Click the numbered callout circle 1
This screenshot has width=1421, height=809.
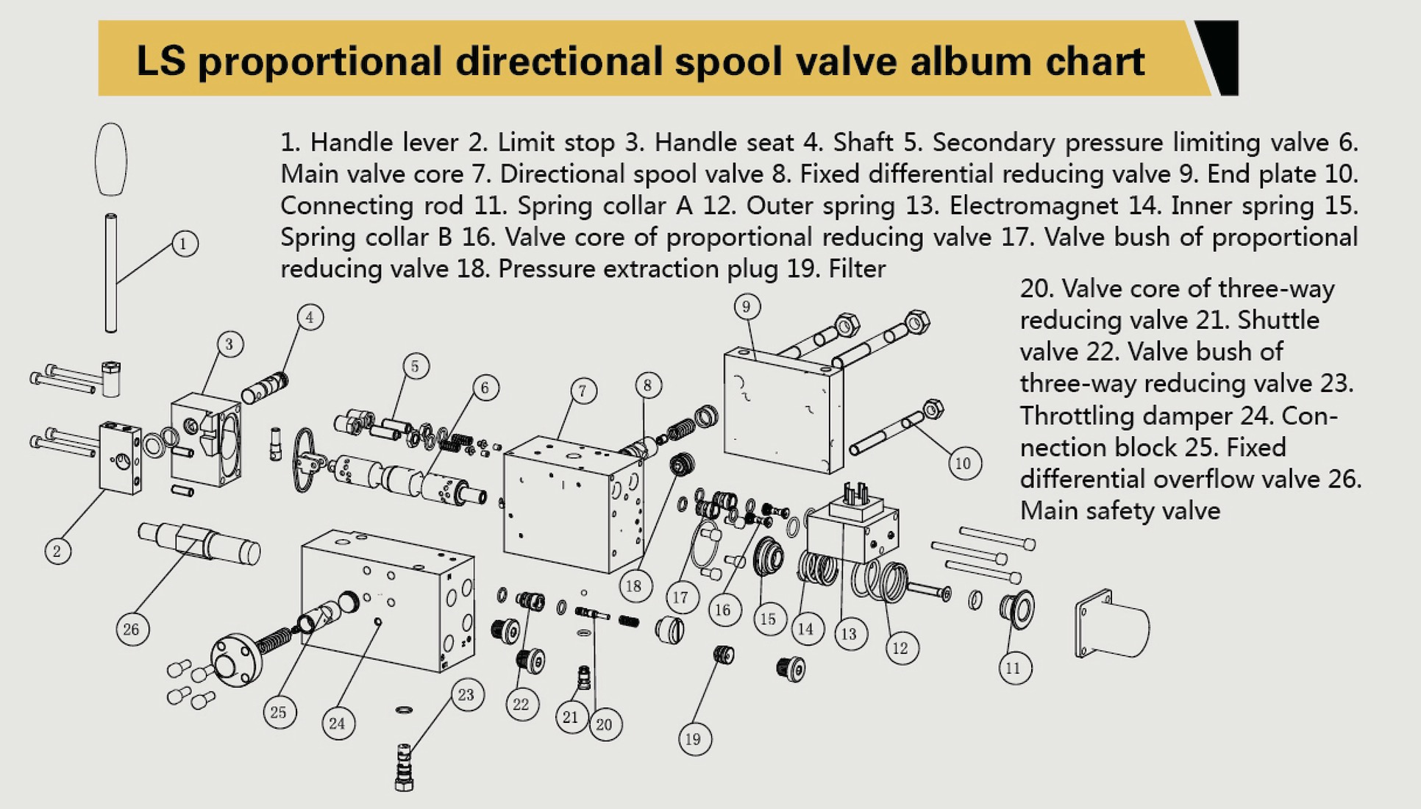[185, 243]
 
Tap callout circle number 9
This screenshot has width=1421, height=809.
[747, 307]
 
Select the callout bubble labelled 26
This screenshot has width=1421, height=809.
[132, 629]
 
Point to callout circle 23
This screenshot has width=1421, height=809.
[466, 695]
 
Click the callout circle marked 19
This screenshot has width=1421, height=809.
[694, 739]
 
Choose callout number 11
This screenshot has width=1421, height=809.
[1014, 668]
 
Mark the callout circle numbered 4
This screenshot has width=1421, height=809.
[310, 317]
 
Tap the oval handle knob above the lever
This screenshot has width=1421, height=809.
[111, 159]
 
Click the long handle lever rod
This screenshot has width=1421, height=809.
[111, 272]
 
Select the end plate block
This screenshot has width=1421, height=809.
[783, 408]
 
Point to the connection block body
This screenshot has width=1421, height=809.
[386, 599]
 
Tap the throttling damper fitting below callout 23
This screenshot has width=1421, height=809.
[404, 769]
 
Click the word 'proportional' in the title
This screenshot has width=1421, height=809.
[320, 61]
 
